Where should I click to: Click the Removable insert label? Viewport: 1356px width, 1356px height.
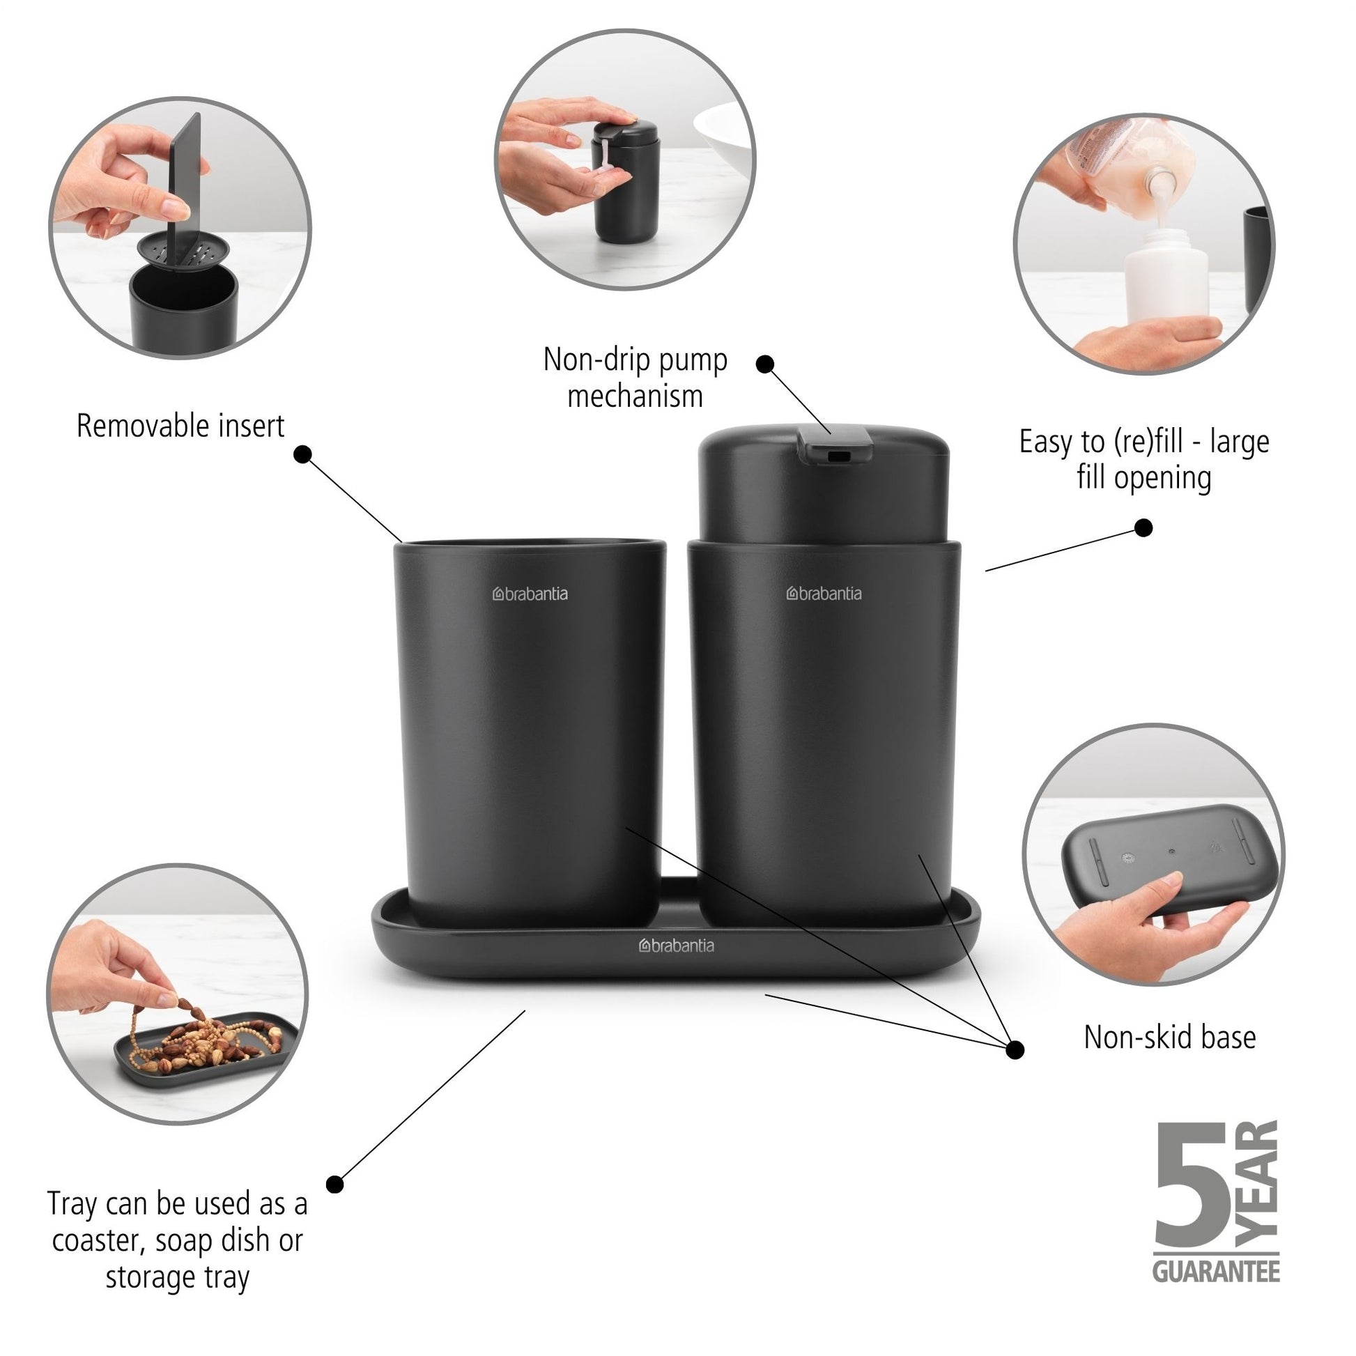[180, 426]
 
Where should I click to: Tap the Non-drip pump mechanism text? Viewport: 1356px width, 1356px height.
[635, 378]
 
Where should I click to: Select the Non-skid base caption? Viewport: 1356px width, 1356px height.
[1169, 1038]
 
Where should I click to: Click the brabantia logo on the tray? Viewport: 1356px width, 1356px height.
[676, 946]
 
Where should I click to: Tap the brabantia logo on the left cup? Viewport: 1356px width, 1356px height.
[530, 594]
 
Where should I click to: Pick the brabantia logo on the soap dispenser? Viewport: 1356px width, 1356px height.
[824, 593]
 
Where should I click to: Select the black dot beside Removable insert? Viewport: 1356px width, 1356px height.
[302, 454]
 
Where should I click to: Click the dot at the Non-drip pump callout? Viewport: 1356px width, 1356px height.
[765, 364]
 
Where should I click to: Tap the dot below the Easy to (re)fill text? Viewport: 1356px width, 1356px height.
[1143, 527]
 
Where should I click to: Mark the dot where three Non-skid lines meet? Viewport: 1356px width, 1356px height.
[1015, 1049]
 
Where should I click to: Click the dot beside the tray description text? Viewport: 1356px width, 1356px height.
[335, 1185]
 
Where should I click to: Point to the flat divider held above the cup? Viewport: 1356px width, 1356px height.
[184, 182]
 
